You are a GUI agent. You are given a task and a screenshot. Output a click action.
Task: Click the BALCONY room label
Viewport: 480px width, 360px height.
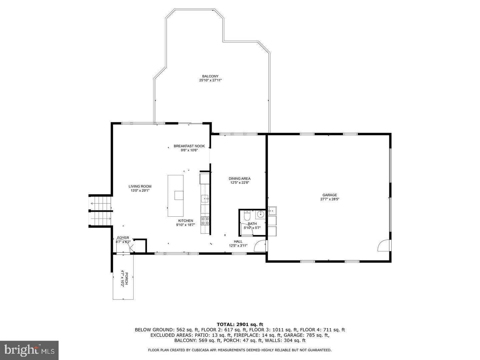pos(210,76)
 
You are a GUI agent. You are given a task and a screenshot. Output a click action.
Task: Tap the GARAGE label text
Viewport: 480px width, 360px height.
pos(329,195)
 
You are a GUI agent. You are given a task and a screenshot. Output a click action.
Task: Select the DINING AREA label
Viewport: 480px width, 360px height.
pos(239,179)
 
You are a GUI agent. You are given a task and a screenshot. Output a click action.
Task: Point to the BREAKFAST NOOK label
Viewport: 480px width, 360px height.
pos(189,146)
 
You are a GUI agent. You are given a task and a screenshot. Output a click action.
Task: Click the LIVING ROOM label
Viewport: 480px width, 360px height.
pos(140,186)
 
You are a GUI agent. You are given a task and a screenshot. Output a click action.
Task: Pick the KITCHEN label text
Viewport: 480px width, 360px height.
pos(185,221)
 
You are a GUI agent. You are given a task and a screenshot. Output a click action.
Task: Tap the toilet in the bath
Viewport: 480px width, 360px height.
pos(247,217)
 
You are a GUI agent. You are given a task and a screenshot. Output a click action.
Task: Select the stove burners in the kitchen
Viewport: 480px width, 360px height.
pos(205,221)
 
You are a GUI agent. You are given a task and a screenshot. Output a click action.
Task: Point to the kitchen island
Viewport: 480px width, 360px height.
pos(175,196)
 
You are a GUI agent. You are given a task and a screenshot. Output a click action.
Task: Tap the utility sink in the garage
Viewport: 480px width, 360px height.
pos(272,211)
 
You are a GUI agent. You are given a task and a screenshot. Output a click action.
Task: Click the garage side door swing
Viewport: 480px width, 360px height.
pos(383,246)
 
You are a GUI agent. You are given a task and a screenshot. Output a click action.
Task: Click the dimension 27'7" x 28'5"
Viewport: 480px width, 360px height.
pos(329,199)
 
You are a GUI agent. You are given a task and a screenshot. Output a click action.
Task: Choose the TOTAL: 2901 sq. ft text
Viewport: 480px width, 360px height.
pos(240,324)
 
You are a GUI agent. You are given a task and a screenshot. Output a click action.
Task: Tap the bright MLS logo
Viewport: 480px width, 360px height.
pos(29,350)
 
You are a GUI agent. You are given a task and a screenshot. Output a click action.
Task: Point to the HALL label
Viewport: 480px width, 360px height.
pos(238,241)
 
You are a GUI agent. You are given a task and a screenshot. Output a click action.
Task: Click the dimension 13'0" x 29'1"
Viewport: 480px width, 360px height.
pos(140,191)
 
